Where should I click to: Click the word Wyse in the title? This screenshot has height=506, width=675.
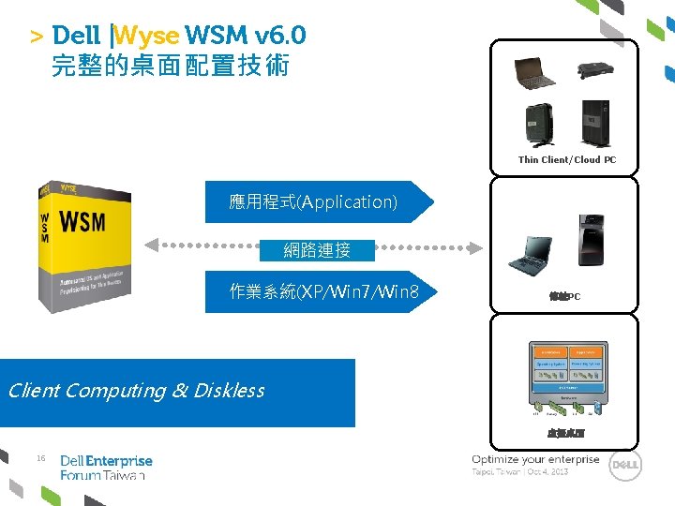(147, 37)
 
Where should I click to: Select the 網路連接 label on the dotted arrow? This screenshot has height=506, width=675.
(317, 250)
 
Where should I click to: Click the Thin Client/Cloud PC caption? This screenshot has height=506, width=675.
(567, 159)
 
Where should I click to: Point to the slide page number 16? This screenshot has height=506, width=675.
(40, 458)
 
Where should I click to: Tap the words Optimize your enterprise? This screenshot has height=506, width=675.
(535, 459)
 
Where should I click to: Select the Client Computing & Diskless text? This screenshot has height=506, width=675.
(137, 391)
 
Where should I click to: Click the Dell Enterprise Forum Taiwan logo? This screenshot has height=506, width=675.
(105, 468)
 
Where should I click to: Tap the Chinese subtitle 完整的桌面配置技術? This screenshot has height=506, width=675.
(171, 67)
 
